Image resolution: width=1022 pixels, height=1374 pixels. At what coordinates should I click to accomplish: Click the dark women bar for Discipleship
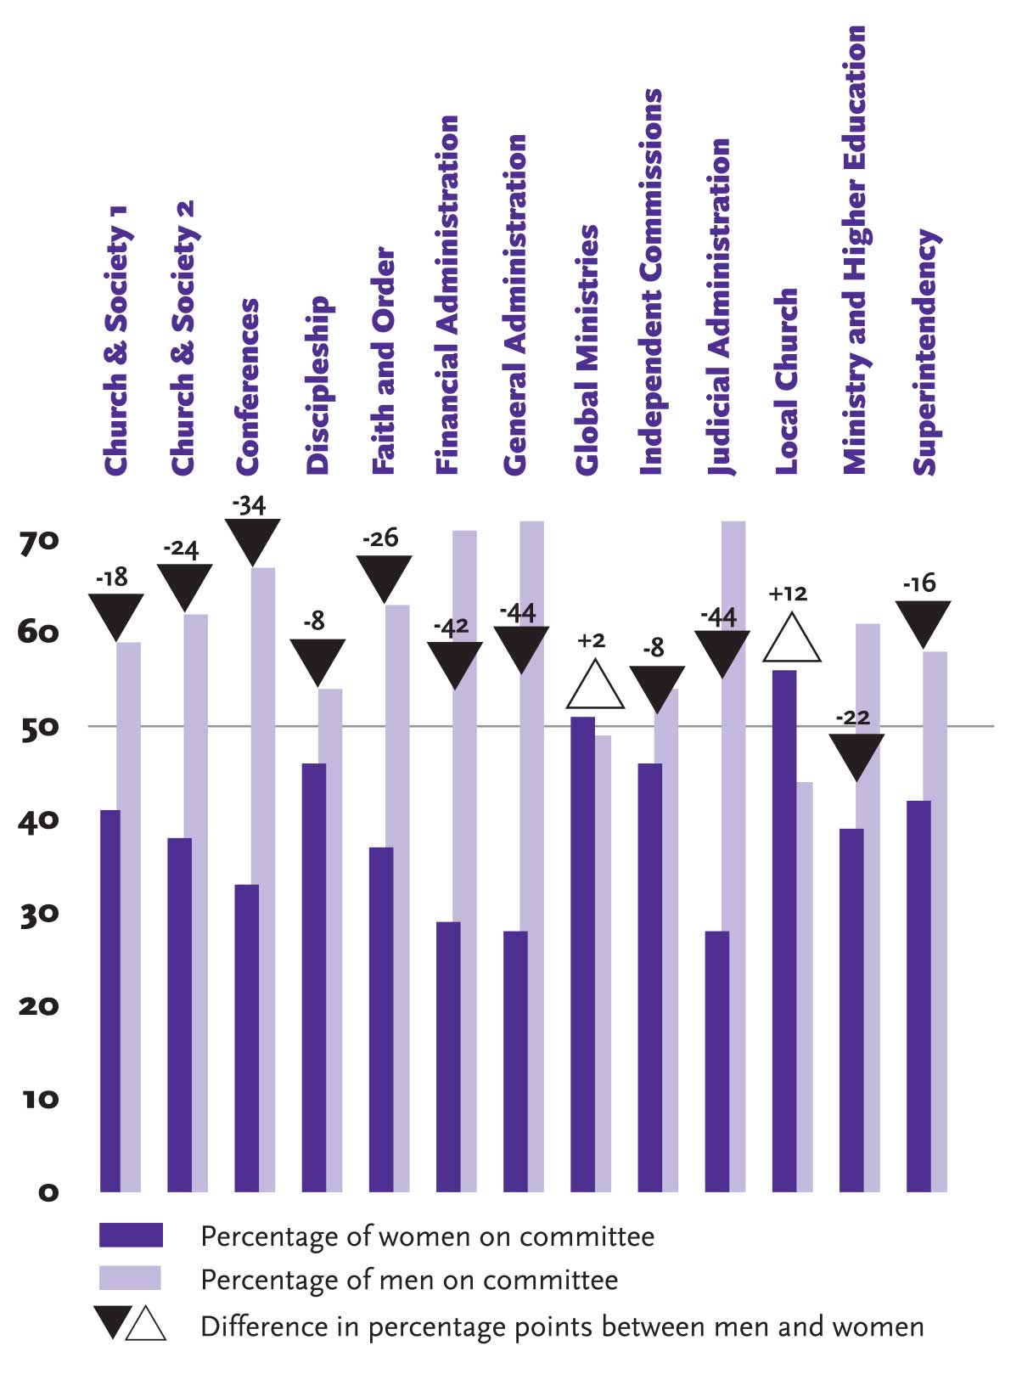pyautogui.click(x=314, y=977)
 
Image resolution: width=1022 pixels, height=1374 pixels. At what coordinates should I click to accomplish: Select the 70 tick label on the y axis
pyautogui.click(x=38, y=542)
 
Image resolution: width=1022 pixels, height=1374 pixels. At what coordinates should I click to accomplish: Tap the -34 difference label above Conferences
pyautogui.click(x=250, y=505)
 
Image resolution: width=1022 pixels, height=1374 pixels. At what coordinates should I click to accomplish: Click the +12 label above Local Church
pyautogui.click(x=788, y=594)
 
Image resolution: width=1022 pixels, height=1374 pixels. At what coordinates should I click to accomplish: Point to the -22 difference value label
pyautogui.click(x=853, y=718)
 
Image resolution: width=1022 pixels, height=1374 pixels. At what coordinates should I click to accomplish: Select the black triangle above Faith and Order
pyautogui.click(x=384, y=576)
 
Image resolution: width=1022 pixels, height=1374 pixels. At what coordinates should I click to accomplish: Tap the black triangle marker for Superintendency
pyautogui.click(x=923, y=621)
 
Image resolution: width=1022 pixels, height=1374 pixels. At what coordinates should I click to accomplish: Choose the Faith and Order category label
pyautogui.click(x=385, y=361)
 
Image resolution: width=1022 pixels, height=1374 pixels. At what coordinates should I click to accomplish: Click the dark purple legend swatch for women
pyautogui.click(x=131, y=1235)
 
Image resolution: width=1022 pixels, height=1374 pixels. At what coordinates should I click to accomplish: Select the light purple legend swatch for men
pyautogui.click(x=130, y=1278)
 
